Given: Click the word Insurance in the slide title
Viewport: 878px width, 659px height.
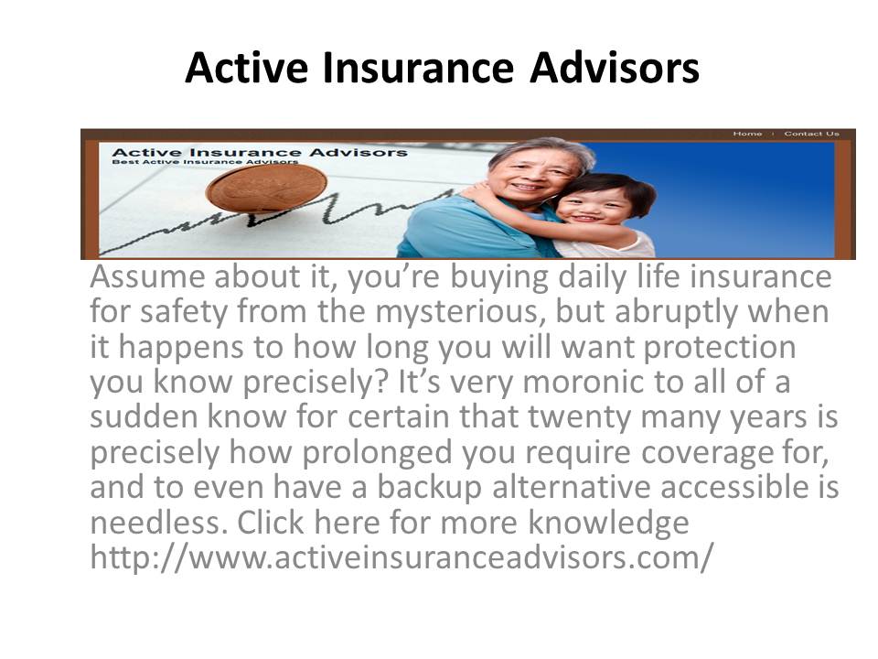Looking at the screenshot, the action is (x=418, y=68).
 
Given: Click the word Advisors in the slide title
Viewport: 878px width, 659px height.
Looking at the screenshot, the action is (x=615, y=68).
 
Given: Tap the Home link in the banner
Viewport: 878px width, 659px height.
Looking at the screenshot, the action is (x=747, y=134).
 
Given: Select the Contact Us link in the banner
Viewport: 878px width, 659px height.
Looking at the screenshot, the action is (x=811, y=134).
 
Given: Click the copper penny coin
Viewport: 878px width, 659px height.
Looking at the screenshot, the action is (x=266, y=189).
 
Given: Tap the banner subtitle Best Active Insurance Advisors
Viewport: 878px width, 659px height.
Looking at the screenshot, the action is (x=205, y=162).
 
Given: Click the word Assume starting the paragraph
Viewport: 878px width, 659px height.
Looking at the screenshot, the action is (x=147, y=276).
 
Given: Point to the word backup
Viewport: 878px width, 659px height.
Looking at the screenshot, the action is (x=429, y=488).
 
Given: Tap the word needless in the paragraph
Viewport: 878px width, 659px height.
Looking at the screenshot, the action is (x=159, y=523).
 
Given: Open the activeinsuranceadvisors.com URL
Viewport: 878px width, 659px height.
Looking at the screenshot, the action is (x=402, y=557).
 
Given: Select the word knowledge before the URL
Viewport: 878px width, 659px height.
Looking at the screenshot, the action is (x=609, y=524).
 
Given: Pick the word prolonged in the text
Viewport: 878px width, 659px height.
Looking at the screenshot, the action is (x=377, y=453).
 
